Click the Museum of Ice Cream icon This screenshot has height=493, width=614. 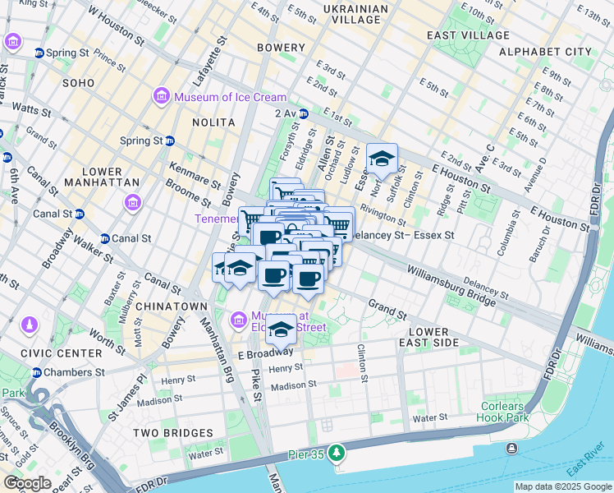click(x=161, y=97)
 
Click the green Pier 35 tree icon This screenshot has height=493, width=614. click(x=336, y=453)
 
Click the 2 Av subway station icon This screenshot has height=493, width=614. click(x=304, y=113)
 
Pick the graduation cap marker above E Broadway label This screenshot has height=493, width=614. click(x=281, y=329)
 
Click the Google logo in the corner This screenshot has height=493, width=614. click(x=28, y=483)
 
